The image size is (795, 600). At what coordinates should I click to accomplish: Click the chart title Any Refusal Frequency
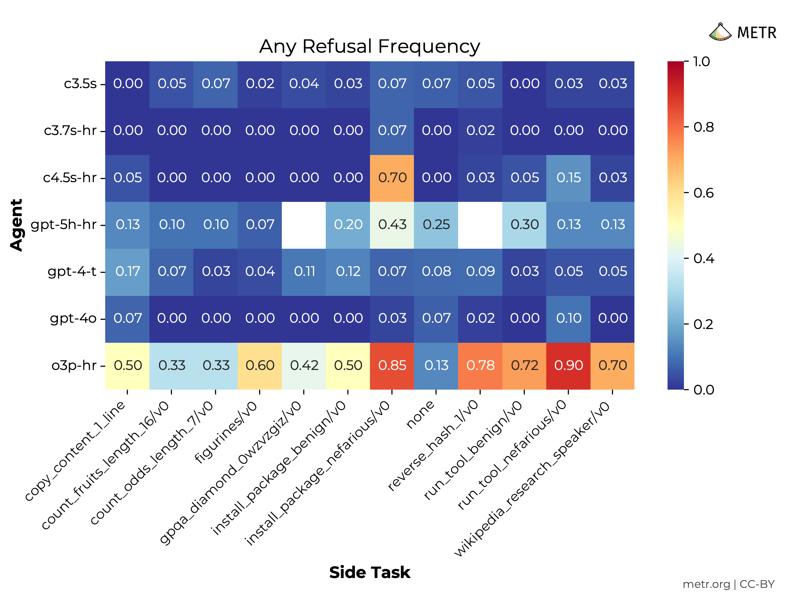click(x=369, y=47)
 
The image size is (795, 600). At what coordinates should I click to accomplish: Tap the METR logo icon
click(x=720, y=32)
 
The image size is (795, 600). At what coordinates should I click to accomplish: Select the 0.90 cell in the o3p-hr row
click(x=568, y=366)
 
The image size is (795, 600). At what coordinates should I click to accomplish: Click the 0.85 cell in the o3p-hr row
click(x=392, y=366)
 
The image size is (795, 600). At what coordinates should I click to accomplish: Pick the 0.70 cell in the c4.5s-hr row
click(x=392, y=178)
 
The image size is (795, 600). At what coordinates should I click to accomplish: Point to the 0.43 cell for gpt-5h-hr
click(x=392, y=225)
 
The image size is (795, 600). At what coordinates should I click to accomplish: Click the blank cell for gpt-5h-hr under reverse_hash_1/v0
click(x=480, y=225)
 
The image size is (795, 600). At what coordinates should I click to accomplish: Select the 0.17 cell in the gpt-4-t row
click(x=127, y=271)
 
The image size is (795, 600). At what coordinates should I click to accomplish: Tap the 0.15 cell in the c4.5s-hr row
click(x=568, y=178)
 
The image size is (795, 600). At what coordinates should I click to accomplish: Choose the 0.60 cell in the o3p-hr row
click(x=260, y=366)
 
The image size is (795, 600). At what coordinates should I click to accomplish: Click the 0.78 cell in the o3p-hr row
click(x=480, y=366)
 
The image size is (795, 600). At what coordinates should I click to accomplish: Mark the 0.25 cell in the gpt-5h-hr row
click(x=436, y=225)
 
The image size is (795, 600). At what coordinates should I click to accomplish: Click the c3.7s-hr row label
click(x=70, y=130)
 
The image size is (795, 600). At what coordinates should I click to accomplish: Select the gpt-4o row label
click(x=73, y=319)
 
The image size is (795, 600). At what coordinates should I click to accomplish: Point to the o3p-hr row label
click(x=74, y=366)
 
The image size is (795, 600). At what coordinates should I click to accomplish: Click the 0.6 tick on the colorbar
click(x=703, y=193)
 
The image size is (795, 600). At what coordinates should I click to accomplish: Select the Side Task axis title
click(x=369, y=573)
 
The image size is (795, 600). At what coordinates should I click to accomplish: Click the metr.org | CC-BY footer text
click(x=728, y=585)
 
